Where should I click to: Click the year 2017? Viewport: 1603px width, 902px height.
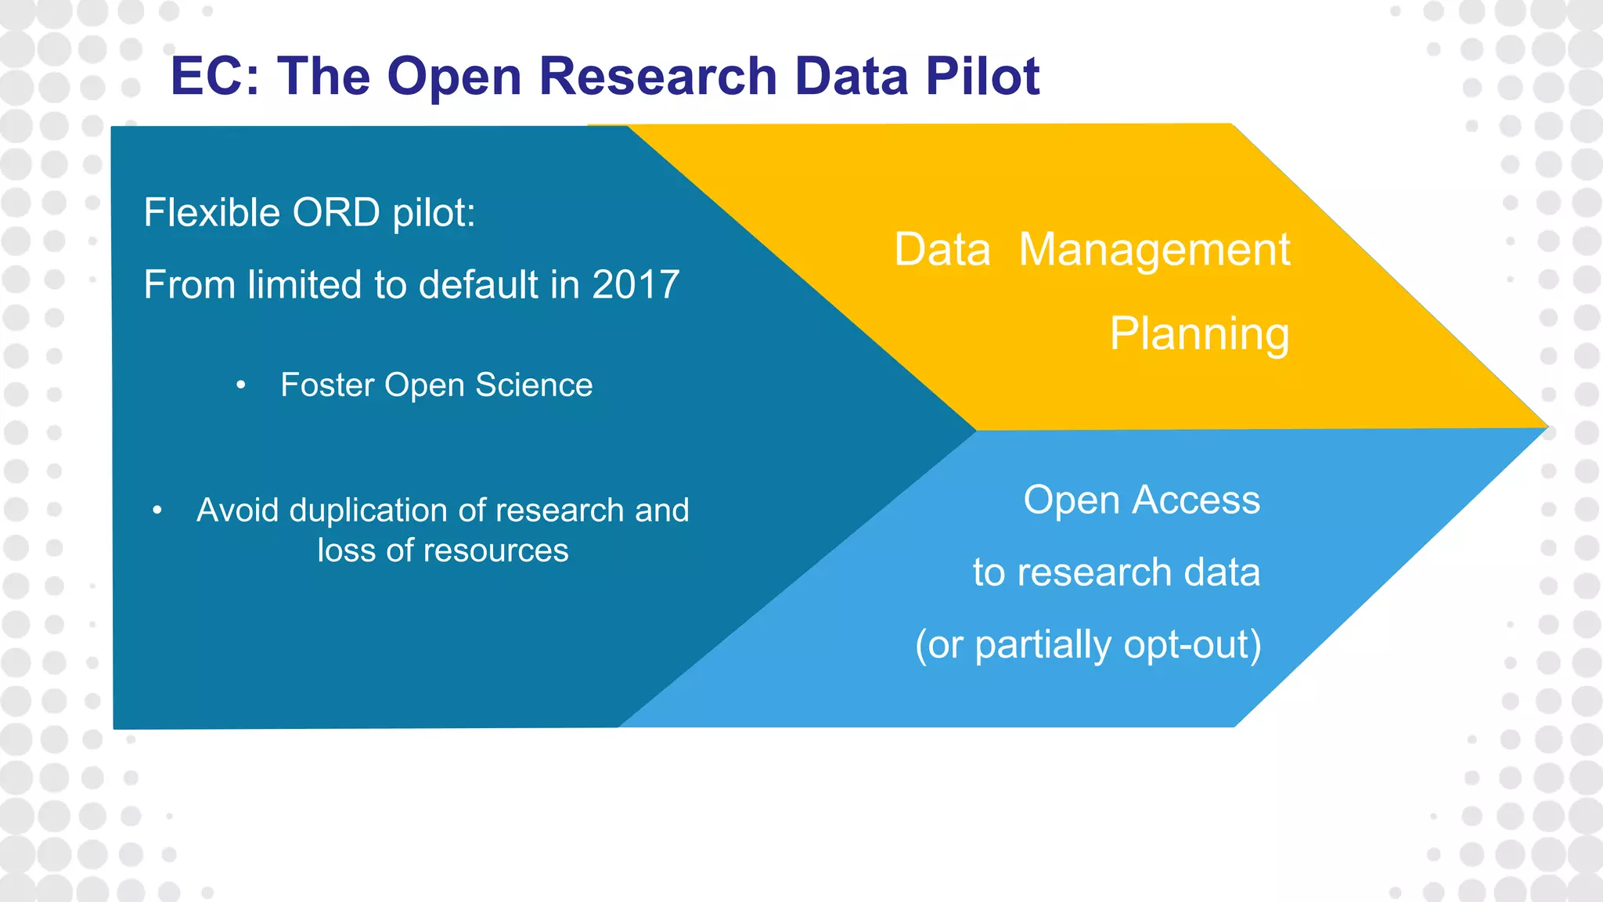pyautogui.click(x=636, y=284)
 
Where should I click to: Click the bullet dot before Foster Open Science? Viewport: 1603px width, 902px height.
pyautogui.click(x=241, y=385)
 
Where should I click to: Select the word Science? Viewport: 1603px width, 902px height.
pyautogui.click(x=534, y=385)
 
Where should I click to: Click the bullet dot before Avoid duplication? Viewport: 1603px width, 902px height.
pyautogui.click(x=157, y=511)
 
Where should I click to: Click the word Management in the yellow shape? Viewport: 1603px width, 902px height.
pyautogui.click(x=1155, y=251)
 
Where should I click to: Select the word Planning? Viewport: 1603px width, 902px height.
pyautogui.click(x=1199, y=334)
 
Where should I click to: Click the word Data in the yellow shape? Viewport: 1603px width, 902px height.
pyautogui.click(x=942, y=251)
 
